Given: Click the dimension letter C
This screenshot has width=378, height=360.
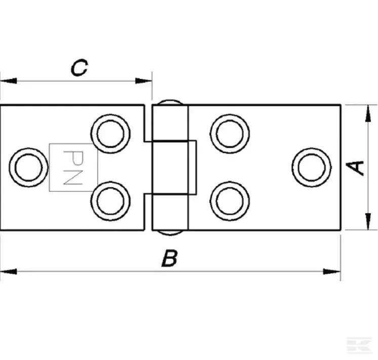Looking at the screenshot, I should click(x=79, y=68).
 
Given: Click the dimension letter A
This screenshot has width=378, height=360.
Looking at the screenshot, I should click(x=358, y=167).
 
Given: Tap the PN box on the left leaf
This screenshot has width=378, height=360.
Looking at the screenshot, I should click(x=73, y=168).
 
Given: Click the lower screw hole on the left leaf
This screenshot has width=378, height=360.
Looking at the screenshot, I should click(x=110, y=201).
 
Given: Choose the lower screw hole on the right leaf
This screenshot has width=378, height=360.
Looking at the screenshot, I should click(x=230, y=201).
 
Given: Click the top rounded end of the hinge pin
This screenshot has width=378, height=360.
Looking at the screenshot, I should click(x=170, y=102).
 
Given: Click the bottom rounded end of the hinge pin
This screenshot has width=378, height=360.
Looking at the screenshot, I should click(x=170, y=233).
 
